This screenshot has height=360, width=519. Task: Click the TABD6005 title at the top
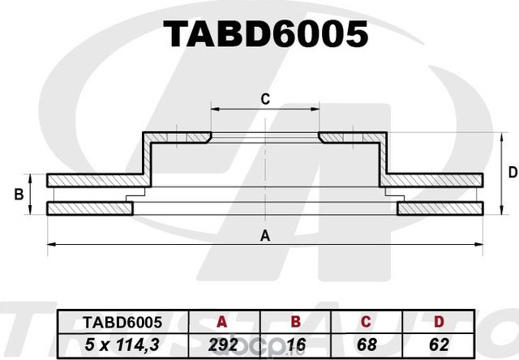(x=266, y=35)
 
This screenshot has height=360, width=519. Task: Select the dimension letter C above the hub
(x=264, y=99)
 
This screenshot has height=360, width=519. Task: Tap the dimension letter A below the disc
(x=264, y=236)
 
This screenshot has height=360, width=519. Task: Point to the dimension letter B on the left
(x=18, y=195)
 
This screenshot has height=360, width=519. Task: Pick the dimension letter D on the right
(x=512, y=172)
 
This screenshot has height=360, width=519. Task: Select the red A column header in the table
(x=222, y=322)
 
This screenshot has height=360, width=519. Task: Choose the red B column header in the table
(x=296, y=322)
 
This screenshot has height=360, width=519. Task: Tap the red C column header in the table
(x=370, y=322)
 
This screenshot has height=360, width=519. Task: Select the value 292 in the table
(x=222, y=344)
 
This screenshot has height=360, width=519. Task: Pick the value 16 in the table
(x=296, y=344)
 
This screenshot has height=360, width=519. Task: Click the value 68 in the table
(x=370, y=344)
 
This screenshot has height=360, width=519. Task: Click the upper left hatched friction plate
(x=93, y=179)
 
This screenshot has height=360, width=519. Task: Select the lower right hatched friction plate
(x=439, y=209)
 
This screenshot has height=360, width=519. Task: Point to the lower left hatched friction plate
(x=89, y=209)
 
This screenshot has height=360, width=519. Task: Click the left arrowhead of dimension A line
(x=51, y=243)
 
